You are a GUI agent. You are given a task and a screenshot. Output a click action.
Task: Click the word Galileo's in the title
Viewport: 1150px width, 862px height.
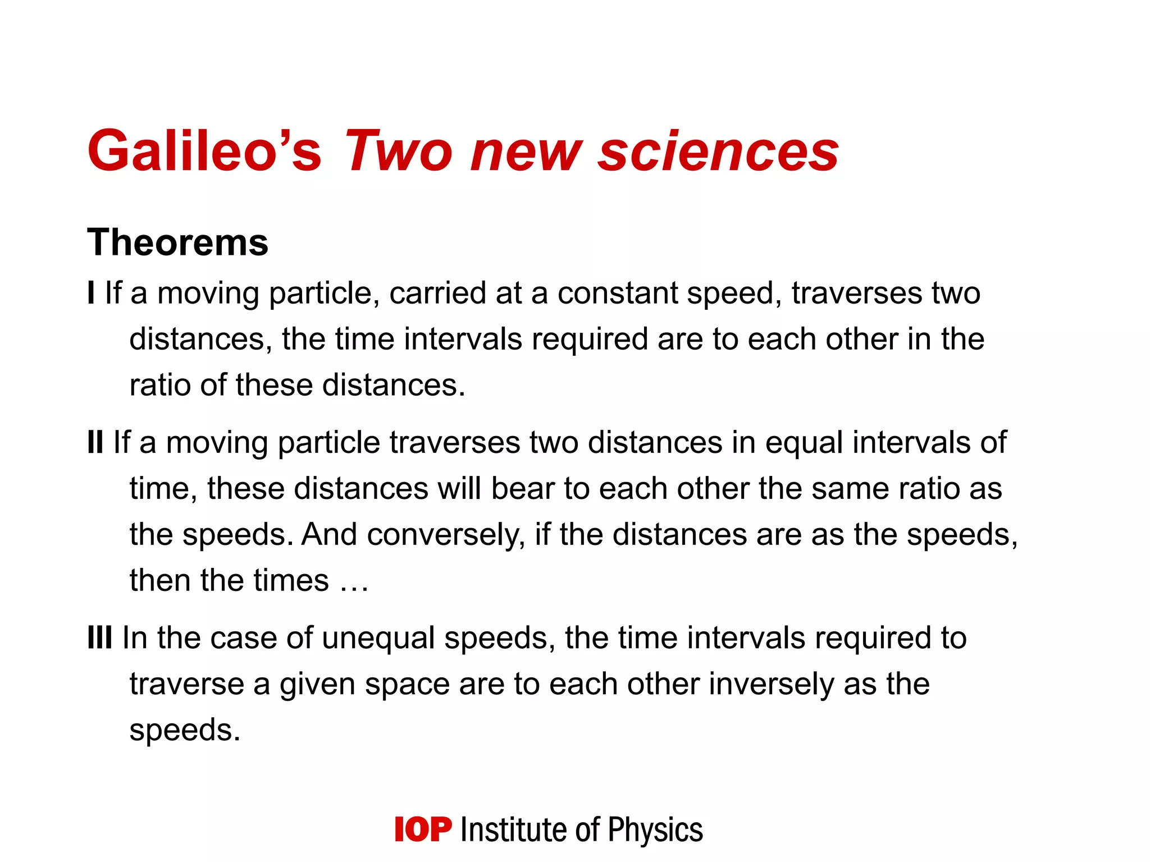204,150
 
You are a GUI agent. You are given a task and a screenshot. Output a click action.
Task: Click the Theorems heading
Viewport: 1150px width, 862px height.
177,242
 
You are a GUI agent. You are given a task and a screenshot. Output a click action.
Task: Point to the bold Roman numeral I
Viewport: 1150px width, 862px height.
91,293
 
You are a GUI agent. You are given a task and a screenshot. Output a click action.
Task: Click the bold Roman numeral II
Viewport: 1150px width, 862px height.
95,442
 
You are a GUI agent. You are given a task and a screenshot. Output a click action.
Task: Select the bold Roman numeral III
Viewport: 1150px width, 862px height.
100,638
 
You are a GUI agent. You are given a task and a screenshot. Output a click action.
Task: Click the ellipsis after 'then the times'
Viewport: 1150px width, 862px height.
354,581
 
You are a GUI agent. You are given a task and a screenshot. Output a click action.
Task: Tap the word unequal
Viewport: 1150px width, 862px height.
378,639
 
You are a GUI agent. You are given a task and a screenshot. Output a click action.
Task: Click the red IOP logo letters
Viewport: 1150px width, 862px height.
422,830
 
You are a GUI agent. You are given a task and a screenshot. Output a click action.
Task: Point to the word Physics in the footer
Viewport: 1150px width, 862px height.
655,830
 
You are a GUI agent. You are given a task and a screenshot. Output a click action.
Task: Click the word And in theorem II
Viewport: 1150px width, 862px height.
329,534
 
